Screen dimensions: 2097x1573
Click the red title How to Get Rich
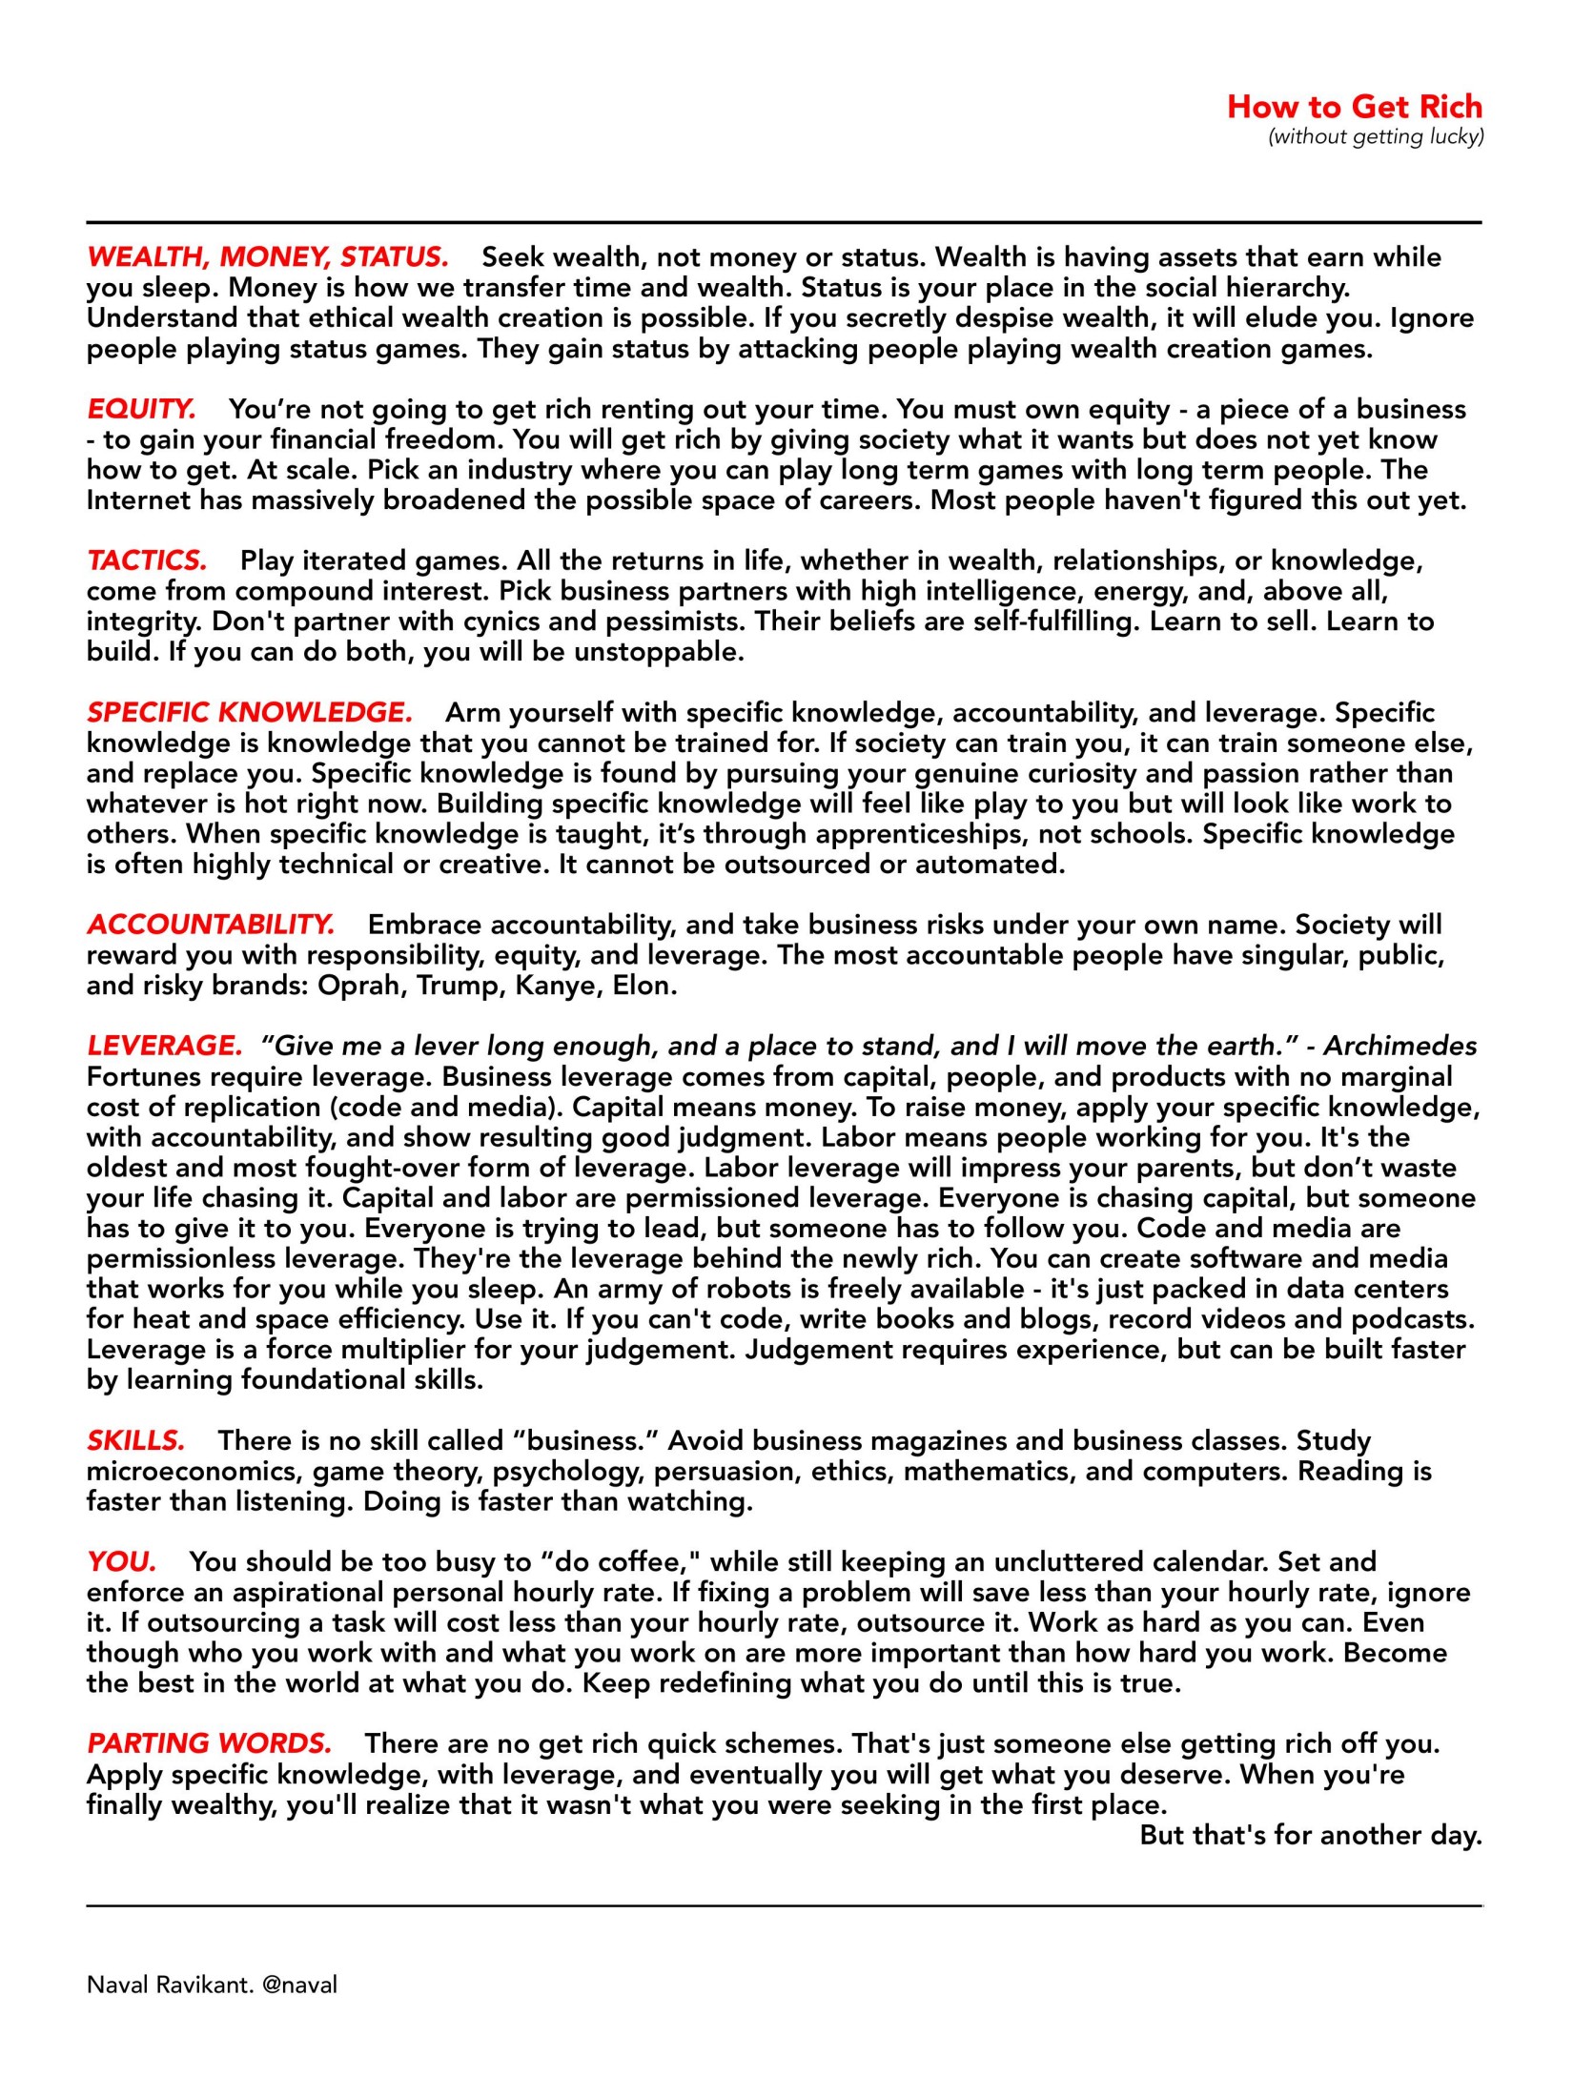1354,106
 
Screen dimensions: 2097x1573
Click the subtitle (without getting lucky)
1376,137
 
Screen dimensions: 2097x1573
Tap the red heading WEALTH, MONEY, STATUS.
267,257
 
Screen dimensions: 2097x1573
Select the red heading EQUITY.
141,410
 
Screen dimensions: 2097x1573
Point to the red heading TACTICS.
147,560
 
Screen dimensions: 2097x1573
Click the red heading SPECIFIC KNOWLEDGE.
250,713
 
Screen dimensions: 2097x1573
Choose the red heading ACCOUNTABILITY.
211,925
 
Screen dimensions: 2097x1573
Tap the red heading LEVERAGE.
165,1047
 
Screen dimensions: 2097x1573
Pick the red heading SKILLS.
135,1440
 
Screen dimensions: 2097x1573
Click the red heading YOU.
121,1562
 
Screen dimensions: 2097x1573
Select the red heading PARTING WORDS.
209,1743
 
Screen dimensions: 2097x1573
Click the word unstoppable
658,653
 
